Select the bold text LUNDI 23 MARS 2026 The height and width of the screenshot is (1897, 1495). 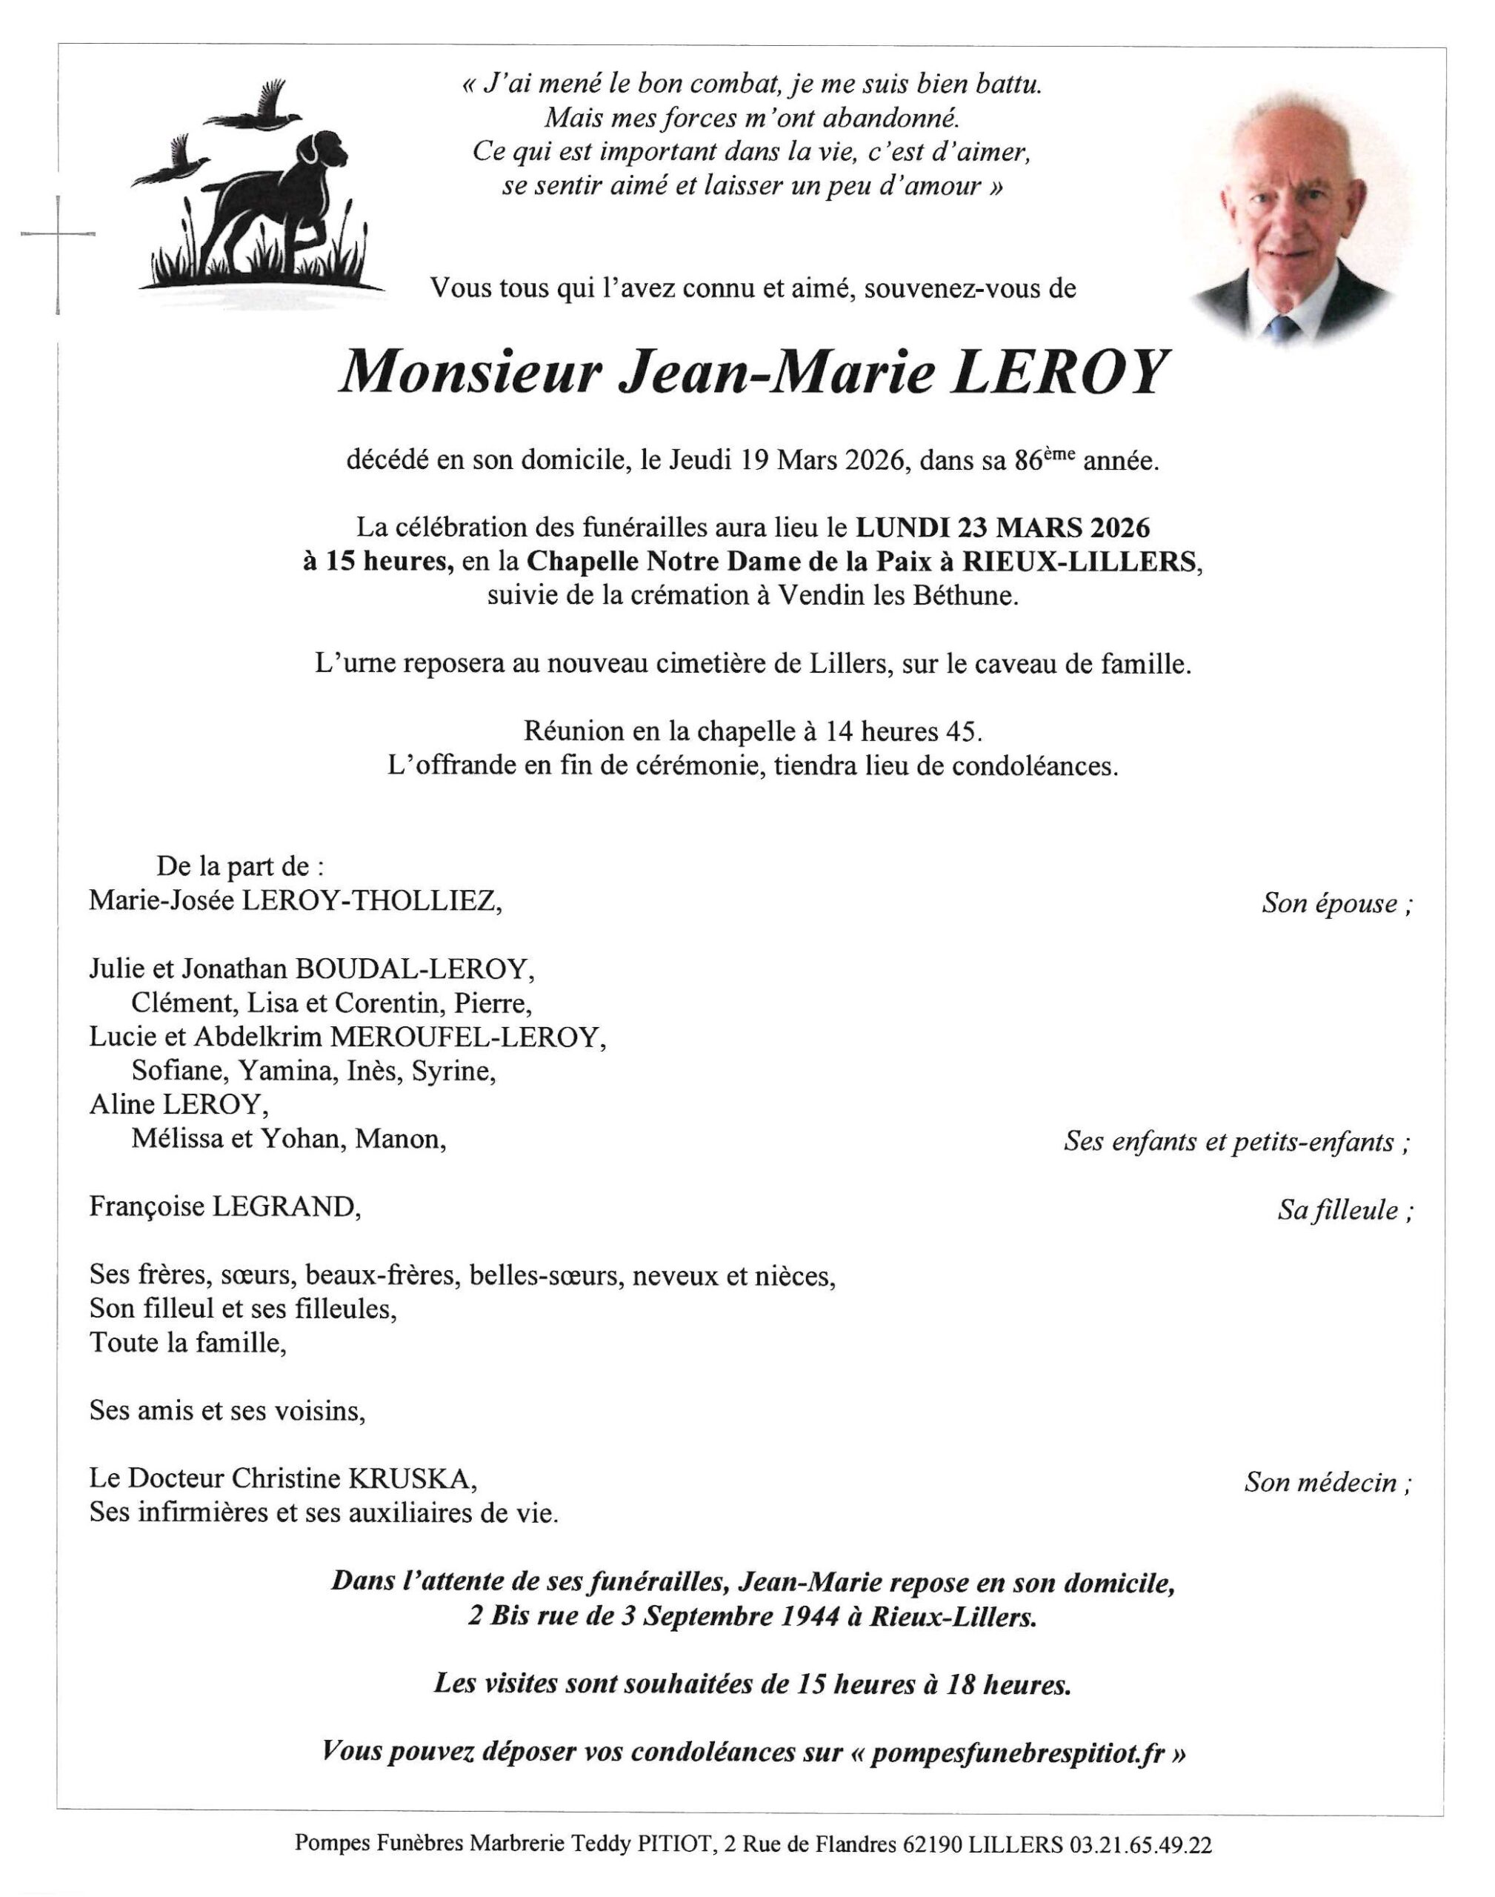[x=1002, y=527]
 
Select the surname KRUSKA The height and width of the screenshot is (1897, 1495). [x=414, y=1478]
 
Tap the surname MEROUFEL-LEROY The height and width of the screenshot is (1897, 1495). [x=467, y=1037]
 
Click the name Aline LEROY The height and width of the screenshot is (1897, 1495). [x=179, y=1105]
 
